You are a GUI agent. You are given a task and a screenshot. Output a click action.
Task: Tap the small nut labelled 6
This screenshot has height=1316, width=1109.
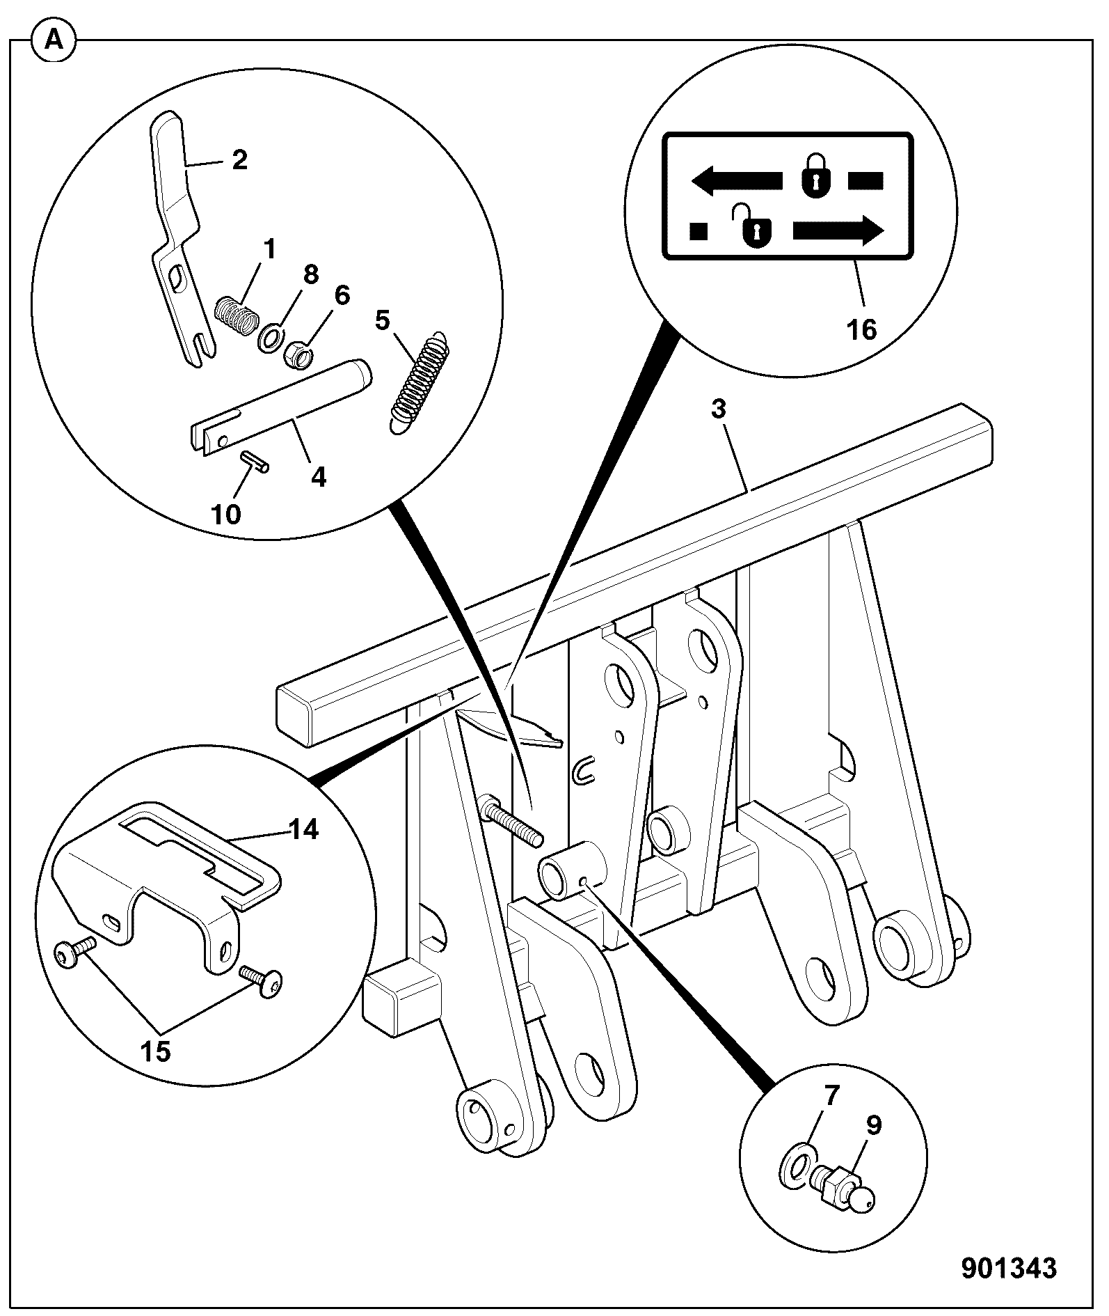pos(297,356)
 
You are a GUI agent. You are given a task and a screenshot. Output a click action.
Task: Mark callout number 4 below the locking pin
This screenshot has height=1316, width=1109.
pos(318,477)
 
